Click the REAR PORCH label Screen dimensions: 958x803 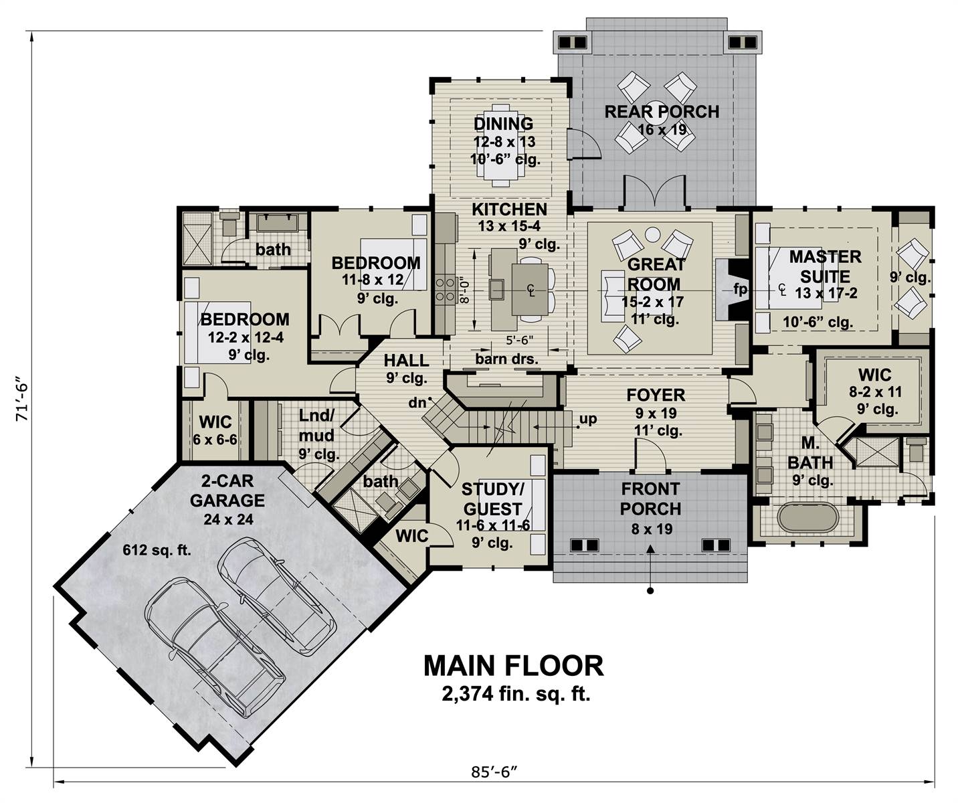(662, 112)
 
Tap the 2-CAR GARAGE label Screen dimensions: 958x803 (227, 490)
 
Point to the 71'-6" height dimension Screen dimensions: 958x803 (21, 399)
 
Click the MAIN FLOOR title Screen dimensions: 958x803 (513, 666)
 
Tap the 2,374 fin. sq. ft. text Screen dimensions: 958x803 (516, 695)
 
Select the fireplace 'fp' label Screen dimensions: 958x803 (740, 290)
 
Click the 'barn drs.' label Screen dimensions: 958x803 (506, 359)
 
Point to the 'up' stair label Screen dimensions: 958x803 (588, 419)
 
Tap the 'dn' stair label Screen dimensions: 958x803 (417, 402)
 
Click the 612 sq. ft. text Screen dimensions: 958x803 (157, 550)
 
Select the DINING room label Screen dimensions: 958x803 (503, 124)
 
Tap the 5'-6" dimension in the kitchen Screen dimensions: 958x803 (520, 341)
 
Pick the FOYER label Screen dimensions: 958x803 (656, 395)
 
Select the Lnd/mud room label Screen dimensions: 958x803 (316, 425)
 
